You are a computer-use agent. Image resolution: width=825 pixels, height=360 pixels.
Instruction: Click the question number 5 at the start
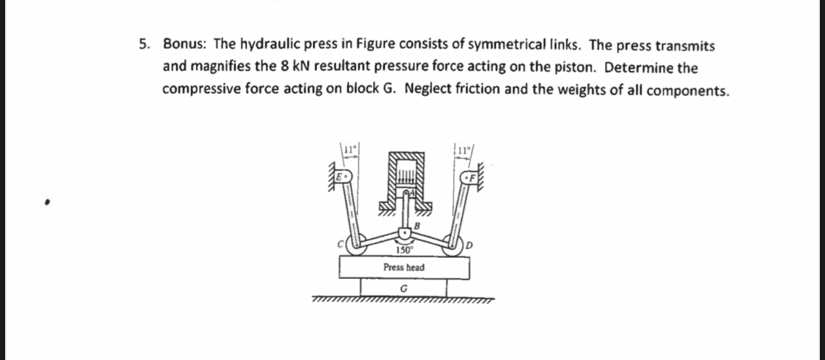coord(145,45)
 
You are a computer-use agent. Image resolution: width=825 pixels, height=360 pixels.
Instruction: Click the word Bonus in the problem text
coord(183,45)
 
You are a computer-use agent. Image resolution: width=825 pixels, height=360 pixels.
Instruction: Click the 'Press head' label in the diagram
coord(404,267)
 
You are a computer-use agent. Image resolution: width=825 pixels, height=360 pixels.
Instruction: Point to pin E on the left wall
coord(344,175)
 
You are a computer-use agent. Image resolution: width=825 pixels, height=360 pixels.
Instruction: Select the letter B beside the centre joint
coord(416,225)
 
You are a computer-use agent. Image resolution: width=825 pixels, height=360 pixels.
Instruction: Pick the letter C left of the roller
coord(342,243)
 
